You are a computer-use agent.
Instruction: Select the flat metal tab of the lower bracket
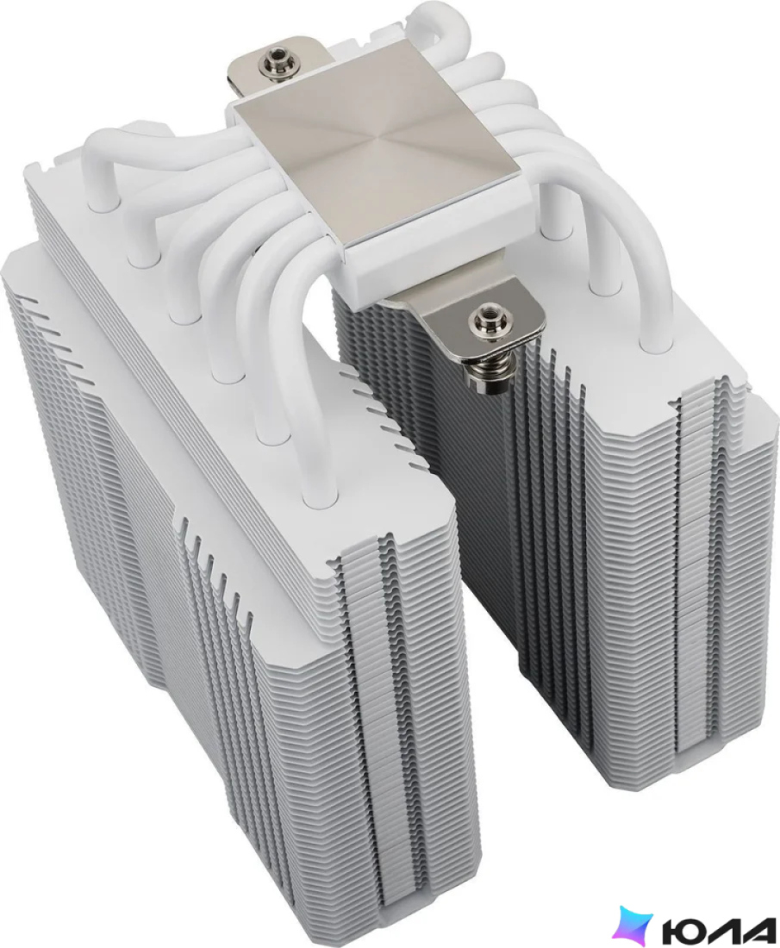477,315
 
